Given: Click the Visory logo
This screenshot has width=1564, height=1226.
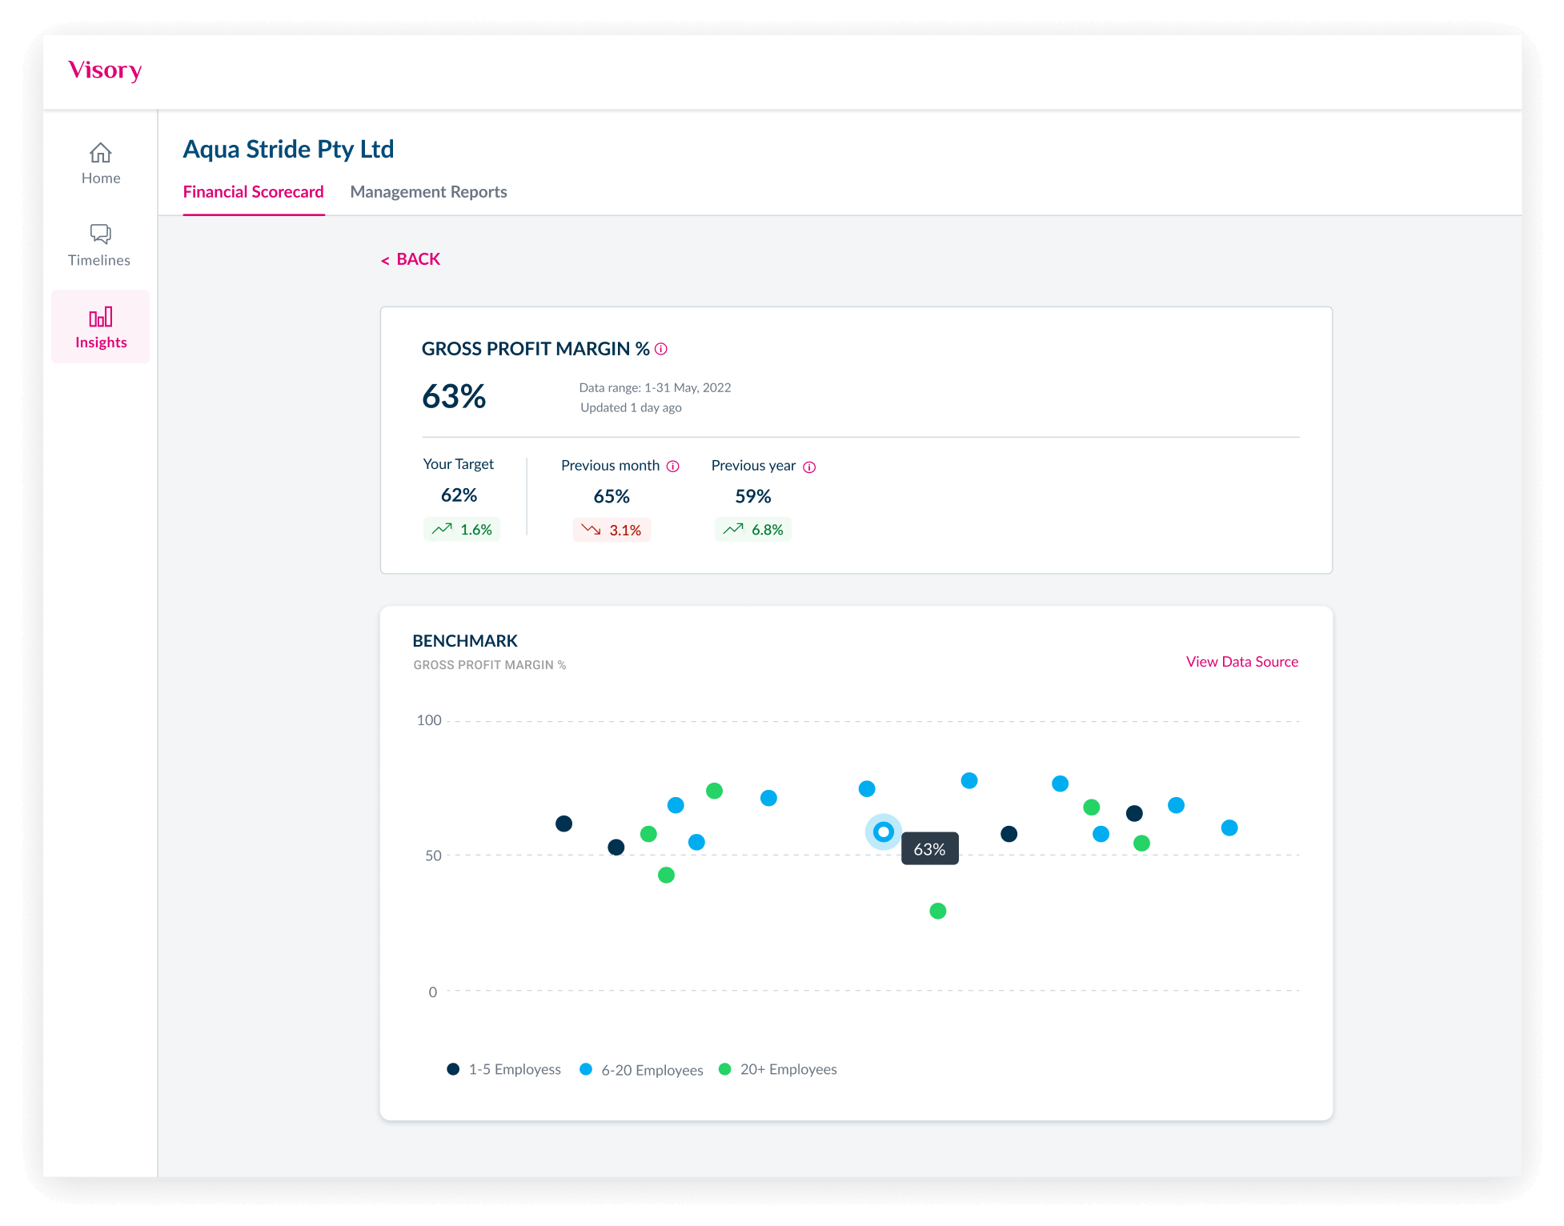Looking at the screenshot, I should coord(105,70).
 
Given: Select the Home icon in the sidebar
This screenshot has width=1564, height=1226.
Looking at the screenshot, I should coord(101,153).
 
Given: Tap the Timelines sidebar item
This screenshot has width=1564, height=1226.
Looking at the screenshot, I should coord(100,245).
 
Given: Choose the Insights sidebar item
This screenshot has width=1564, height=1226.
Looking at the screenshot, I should coord(101,327).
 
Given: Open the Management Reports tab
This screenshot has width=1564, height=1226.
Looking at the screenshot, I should coord(428,192).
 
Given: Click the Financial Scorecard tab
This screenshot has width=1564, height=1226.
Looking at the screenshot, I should coord(253,192).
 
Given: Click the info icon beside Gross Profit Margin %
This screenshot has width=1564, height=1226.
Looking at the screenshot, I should coord(661,349).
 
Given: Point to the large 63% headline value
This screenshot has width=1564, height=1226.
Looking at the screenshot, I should coord(454,397).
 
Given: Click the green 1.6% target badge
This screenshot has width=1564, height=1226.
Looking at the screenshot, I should coord(462,530).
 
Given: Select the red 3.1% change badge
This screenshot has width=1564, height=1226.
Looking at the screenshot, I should coord(612,530).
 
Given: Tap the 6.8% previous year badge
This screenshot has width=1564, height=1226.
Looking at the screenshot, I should coord(753,530).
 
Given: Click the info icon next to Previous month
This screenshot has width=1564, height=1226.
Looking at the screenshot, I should coord(673,467).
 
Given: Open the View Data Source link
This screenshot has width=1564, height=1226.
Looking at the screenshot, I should coord(1241,662).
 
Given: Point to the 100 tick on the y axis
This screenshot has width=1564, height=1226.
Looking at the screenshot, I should coord(429,720).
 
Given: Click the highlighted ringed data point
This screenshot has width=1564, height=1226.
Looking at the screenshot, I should coord(884,832).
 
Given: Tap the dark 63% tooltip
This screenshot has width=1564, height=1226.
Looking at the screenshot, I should coord(929,849).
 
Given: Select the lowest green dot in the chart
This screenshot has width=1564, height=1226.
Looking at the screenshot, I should coord(938,911).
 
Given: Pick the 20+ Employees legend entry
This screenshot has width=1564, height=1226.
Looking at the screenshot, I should coord(778,1069).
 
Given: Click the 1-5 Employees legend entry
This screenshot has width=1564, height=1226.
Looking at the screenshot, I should coord(504,1069).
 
